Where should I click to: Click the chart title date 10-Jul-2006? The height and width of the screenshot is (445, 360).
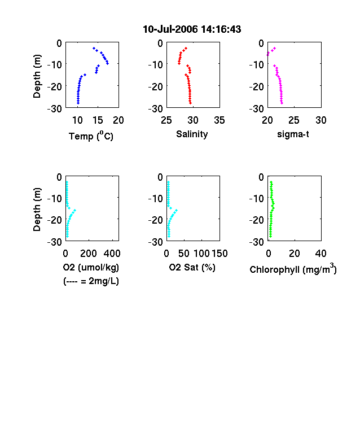[170, 29]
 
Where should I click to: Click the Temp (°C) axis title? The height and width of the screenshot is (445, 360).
[91, 136]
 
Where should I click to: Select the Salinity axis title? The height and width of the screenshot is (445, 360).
[192, 134]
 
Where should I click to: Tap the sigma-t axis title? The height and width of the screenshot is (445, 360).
[293, 134]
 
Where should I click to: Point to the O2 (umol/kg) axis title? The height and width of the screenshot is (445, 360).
[91, 267]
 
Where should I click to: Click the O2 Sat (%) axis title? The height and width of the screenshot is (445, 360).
[192, 267]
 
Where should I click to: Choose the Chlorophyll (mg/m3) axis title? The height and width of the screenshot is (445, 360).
[293, 268]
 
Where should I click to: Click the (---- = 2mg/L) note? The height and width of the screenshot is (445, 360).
[91, 281]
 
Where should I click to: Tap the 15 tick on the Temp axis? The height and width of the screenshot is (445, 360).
[98, 120]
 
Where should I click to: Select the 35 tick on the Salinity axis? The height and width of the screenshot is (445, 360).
[219, 120]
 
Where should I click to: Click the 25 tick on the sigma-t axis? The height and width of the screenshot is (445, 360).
[294, 120]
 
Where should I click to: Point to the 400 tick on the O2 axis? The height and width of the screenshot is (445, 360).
[112, 254]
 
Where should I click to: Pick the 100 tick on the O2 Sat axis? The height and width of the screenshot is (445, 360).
[201, 254]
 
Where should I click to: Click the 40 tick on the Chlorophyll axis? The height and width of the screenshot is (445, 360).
[321, 254]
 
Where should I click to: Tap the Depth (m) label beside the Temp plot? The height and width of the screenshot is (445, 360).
[37, 76]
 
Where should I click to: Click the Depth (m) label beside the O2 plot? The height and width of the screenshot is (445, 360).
[37, 210]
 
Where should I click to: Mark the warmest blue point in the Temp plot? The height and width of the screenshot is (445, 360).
[108, 63]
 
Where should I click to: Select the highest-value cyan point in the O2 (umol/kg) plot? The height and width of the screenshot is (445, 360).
[75, 210]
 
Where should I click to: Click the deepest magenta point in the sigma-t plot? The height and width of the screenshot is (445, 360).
[282, 103]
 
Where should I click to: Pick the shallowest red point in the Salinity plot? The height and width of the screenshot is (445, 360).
[186, 48]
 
